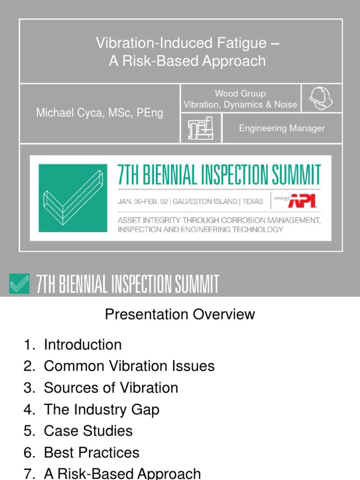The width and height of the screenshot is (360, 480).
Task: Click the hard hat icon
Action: pyautogui.click(x=322, y=98)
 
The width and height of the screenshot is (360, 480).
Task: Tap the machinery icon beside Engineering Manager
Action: pyautogui.click(x=201, y=128)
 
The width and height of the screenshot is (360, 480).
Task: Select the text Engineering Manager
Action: pyautogui.click(x=282, y=128)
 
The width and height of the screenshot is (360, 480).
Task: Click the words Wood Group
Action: pyautogui.click(x=240, y=94)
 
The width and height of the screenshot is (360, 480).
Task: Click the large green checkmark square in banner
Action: pyautogui.click(x=73, y=198)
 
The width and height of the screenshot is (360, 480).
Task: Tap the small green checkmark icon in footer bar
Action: pyautogui.click(x=19, y=284)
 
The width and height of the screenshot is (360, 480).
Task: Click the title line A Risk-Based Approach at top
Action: pyautogui.click(x=187, y=61)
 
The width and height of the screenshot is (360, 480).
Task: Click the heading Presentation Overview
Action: pyautogui.click(x=180, y=314)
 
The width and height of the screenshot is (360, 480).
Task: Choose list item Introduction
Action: pyautogui.click(x=82, y=345)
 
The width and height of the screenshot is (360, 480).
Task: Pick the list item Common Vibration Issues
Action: pyautogui.click(x=129, y=366)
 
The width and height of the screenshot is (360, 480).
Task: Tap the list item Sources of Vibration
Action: pyautogui.click(x=111, y=388)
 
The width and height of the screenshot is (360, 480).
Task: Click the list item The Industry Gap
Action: pyautogui.click(x=101, y=410)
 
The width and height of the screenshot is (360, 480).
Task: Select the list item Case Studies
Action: pyautogui.click(x=88, y=431)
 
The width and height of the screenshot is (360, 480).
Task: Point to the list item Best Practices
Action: pyautogui.click(x=91, y=453)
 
